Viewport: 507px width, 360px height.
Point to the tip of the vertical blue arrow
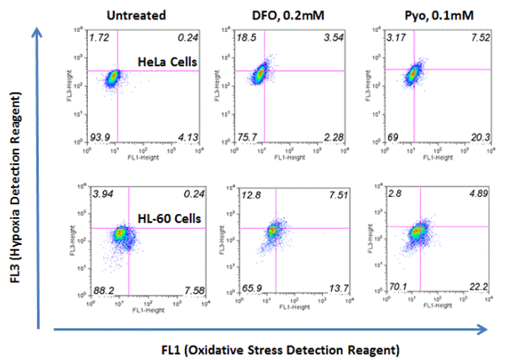click(35, 25)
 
